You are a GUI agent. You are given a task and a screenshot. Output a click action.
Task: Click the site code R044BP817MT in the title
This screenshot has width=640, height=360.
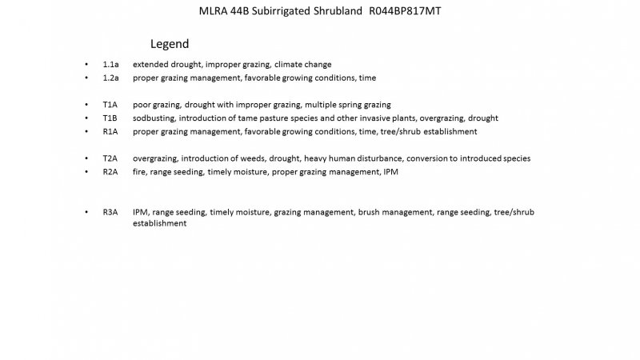405,14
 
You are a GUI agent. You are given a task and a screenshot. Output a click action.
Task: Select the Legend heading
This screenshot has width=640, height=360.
170,43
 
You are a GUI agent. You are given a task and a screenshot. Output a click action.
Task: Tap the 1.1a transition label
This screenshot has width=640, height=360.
110,64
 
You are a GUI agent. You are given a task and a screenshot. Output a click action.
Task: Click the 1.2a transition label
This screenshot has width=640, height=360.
110,78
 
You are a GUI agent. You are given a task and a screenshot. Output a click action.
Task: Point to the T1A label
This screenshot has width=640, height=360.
110,105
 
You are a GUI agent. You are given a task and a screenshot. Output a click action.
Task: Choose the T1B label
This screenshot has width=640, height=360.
110,118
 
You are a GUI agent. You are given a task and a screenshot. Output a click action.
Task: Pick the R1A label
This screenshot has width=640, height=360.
110,131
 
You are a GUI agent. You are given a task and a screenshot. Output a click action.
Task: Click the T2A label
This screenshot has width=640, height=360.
110,158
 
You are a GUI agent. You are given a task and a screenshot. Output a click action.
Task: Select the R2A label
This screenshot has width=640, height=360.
110,171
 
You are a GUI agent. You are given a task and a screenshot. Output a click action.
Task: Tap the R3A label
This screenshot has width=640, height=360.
110,212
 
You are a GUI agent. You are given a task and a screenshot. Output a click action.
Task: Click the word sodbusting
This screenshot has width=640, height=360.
153,118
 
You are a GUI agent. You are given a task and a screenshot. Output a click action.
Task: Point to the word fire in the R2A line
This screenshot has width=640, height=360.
139,171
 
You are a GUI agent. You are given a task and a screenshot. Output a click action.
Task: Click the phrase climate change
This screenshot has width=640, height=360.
306,64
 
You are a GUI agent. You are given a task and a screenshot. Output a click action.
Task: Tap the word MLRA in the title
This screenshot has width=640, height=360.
211,14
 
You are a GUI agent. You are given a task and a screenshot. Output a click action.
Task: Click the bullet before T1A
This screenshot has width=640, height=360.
86,105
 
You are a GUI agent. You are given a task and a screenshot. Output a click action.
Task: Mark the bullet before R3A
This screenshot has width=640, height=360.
86,212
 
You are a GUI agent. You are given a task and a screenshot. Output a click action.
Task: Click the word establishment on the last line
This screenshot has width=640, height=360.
160,224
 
